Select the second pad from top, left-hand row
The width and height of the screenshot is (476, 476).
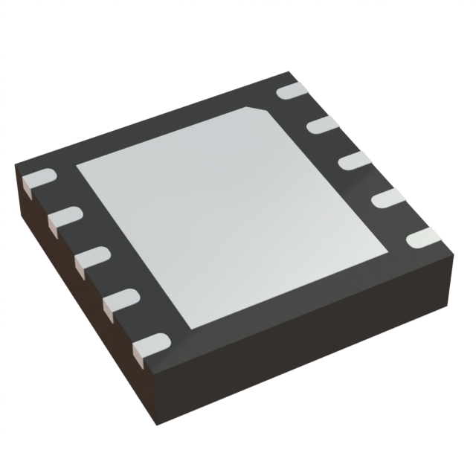65,217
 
